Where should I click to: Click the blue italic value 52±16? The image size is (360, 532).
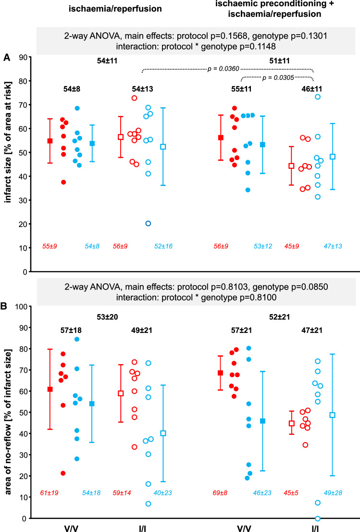click(x=163, y=247)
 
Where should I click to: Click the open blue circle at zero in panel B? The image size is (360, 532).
click(x=318, y=518)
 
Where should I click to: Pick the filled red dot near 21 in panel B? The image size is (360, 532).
click(x=63, y=473)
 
